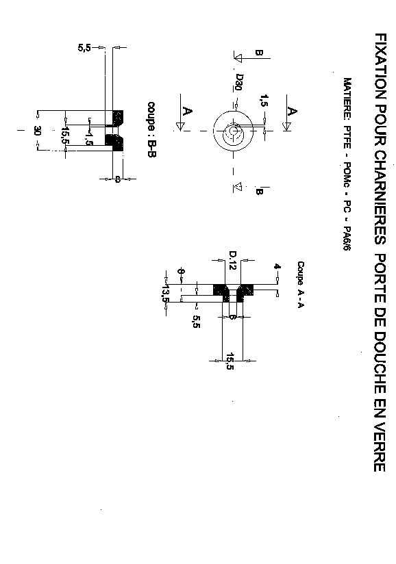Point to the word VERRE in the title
tap(380, 447)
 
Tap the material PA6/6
tap(347, 238)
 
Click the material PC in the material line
tap(347, 206)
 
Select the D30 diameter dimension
tap(239, 82)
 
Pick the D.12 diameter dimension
tap(232, 261)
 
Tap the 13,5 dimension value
tap(165, 294)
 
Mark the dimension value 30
tap(38, 131)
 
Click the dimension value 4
tap(277, 266)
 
